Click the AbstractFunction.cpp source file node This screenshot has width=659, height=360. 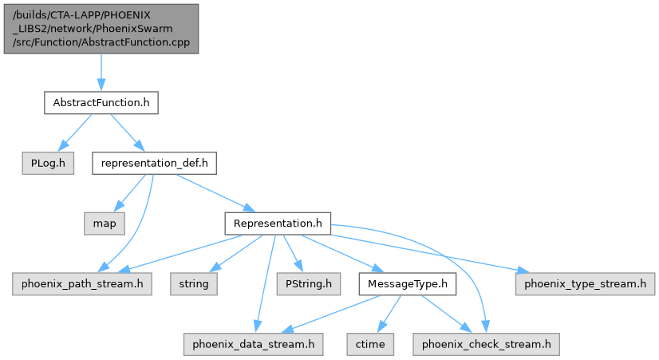(x=101, y=28)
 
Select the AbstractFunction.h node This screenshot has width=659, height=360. (x=101, y=103)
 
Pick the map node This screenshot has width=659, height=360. (x=105, y=224)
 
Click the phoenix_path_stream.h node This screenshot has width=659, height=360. (x=82, y=283)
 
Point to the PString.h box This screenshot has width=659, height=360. (x=308, y=283)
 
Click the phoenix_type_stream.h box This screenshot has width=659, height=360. (x=586, y=283)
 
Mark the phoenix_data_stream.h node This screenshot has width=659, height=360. (x=253, y=344)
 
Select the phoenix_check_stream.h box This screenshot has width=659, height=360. (x=486, y=344)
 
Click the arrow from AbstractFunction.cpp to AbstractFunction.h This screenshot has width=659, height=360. (x=101, y=73)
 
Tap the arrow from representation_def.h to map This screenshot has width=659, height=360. (x=130, y=193)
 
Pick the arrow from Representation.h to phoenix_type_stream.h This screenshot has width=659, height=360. (x=431, y=252)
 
